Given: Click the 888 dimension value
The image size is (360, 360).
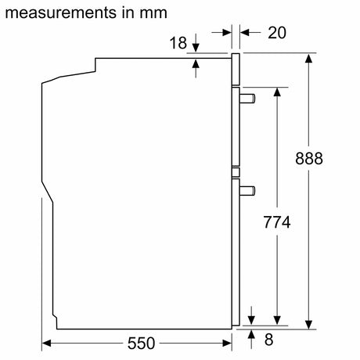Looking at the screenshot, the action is tap(309, 158).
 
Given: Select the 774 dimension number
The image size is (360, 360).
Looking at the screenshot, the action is tap(277, 222).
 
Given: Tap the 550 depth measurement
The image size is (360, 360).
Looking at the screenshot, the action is tap(141, 344).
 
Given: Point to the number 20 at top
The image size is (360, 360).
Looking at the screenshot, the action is tap(277, 33).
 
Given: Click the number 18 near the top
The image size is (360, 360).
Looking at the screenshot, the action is tap(178, 43).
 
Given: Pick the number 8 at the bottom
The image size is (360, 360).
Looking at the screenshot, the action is tap(269, 340).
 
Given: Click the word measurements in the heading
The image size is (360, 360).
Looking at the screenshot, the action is tap(61, 13).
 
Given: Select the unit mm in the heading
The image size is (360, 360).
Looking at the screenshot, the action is tap(153, 13).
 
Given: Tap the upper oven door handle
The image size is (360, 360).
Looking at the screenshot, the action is tap(247, 99).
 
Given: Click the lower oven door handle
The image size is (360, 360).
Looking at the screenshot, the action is tap(247, 191).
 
